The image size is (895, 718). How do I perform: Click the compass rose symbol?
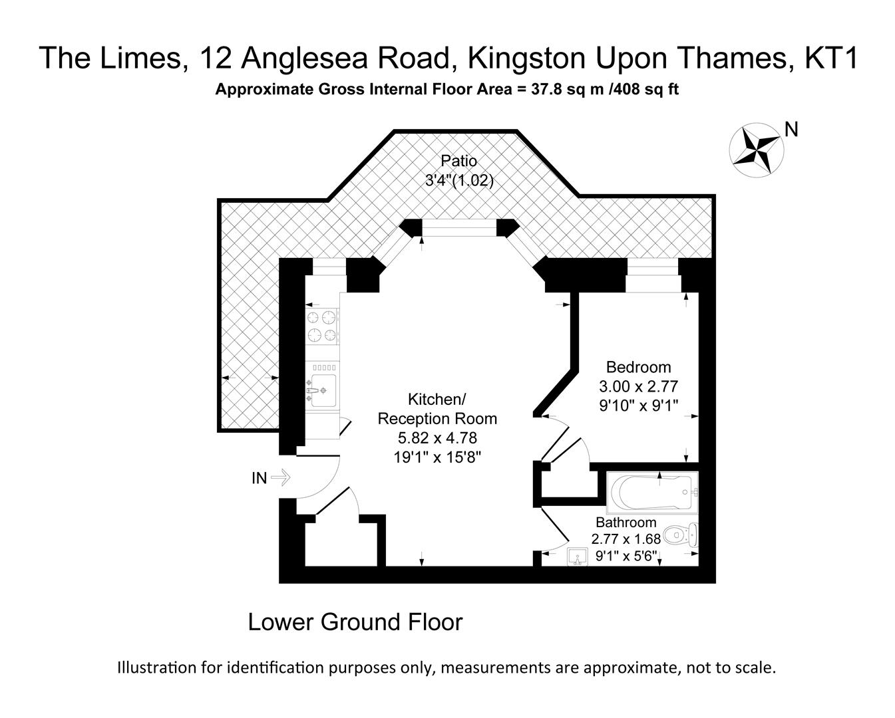756,150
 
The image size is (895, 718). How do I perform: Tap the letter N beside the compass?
791,130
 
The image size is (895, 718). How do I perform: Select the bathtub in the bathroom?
652,493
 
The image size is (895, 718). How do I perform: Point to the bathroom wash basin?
578,556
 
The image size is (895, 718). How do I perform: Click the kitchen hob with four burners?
321,326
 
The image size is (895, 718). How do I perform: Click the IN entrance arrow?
280,477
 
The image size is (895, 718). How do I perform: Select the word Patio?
458,161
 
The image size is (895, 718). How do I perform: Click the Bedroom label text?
638,367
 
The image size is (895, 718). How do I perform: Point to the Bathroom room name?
626,523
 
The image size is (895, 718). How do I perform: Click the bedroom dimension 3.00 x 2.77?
638,386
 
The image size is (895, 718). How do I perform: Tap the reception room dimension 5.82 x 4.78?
437,438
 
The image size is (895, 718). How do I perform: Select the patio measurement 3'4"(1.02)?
459,180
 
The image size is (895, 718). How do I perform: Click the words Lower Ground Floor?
355,622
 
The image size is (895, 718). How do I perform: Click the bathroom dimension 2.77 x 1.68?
626,539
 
